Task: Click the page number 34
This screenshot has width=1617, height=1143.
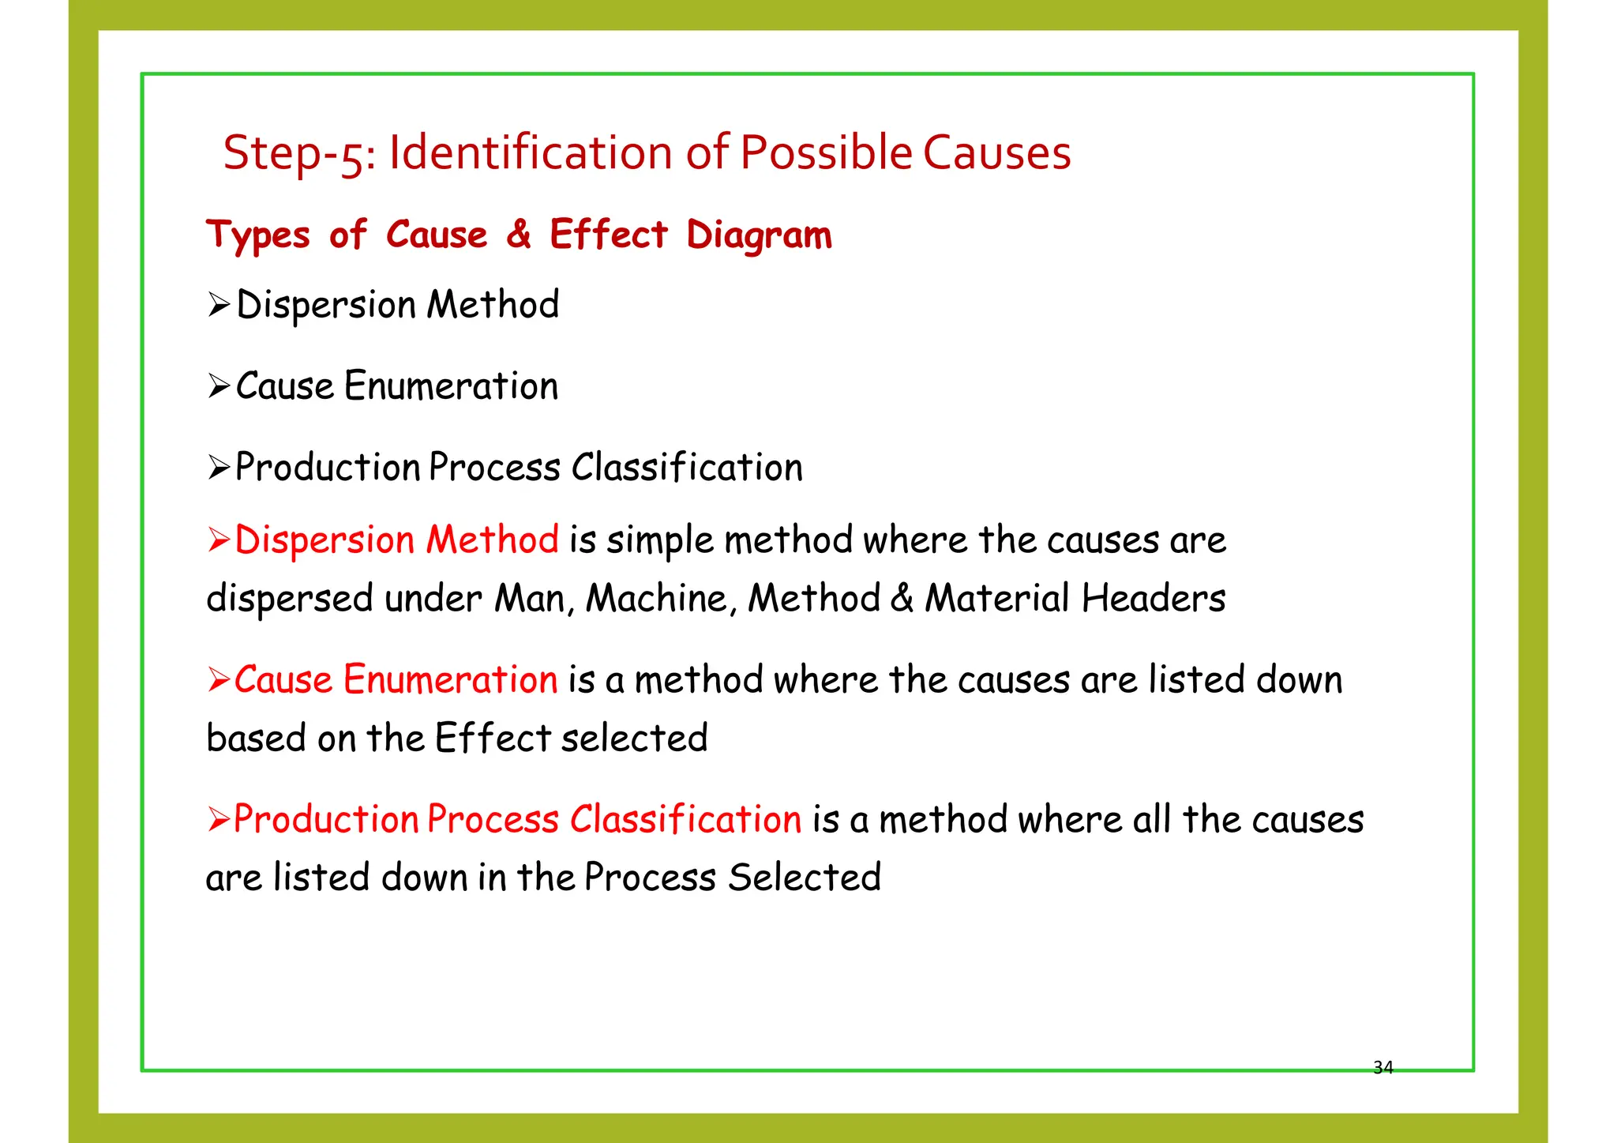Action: [x=1383, y=1068]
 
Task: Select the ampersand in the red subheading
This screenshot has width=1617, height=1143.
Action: [x=519, y=234]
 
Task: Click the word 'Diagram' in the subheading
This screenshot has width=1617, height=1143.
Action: [x=759, y=235]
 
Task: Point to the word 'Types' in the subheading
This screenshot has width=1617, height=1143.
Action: [x=258, y=235]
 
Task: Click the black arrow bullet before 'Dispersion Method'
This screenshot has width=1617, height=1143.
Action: [x=219, y=304]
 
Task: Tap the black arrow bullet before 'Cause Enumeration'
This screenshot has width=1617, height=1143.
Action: [x=219, y=386]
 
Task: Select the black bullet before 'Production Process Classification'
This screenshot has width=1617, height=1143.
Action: [x=219, y=468]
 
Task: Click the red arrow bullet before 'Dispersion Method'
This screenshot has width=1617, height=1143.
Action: [x=219, y=540]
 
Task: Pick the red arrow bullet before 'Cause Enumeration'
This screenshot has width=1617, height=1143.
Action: [x=219, y=679]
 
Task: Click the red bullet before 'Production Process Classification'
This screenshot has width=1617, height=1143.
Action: [x=219, y=819]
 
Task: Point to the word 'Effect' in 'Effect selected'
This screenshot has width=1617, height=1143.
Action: [x=493, y=738]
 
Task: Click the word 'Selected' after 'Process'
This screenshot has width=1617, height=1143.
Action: [x=804, y=878]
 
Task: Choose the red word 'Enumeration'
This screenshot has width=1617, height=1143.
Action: [x=451, y=680]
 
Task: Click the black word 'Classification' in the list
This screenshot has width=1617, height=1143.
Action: [x=687, y=468]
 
